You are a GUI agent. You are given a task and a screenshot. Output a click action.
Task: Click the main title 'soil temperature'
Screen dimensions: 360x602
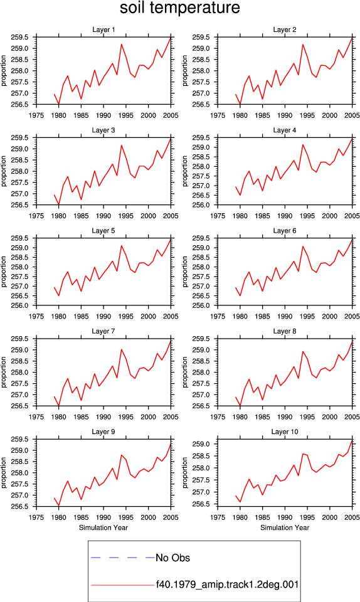179,8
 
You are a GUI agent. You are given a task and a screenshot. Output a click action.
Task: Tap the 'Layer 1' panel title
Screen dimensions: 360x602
103,29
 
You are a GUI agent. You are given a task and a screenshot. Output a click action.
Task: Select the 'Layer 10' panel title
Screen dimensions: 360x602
285,431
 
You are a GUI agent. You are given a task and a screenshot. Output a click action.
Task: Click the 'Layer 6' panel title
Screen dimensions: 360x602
285,230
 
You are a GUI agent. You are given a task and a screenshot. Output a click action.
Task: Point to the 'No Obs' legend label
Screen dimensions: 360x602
172,558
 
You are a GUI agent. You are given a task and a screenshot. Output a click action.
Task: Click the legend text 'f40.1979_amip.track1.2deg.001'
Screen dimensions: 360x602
227,584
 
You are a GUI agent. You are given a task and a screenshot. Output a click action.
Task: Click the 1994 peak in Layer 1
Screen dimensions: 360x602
122,44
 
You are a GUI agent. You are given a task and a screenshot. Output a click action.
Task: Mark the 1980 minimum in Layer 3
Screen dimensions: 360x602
59,204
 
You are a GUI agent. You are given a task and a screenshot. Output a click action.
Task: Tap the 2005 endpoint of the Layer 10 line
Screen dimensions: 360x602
352,440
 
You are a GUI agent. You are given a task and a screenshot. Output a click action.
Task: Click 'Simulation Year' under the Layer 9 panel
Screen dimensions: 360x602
103,527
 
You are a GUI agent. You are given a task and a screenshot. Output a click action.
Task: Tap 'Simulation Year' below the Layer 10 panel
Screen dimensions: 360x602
285,527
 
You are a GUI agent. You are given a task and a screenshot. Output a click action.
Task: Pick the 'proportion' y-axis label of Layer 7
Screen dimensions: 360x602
4,372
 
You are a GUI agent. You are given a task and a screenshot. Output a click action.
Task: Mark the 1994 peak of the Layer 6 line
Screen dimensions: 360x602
303,246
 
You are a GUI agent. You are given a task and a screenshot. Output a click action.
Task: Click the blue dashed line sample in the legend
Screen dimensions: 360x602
123,557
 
